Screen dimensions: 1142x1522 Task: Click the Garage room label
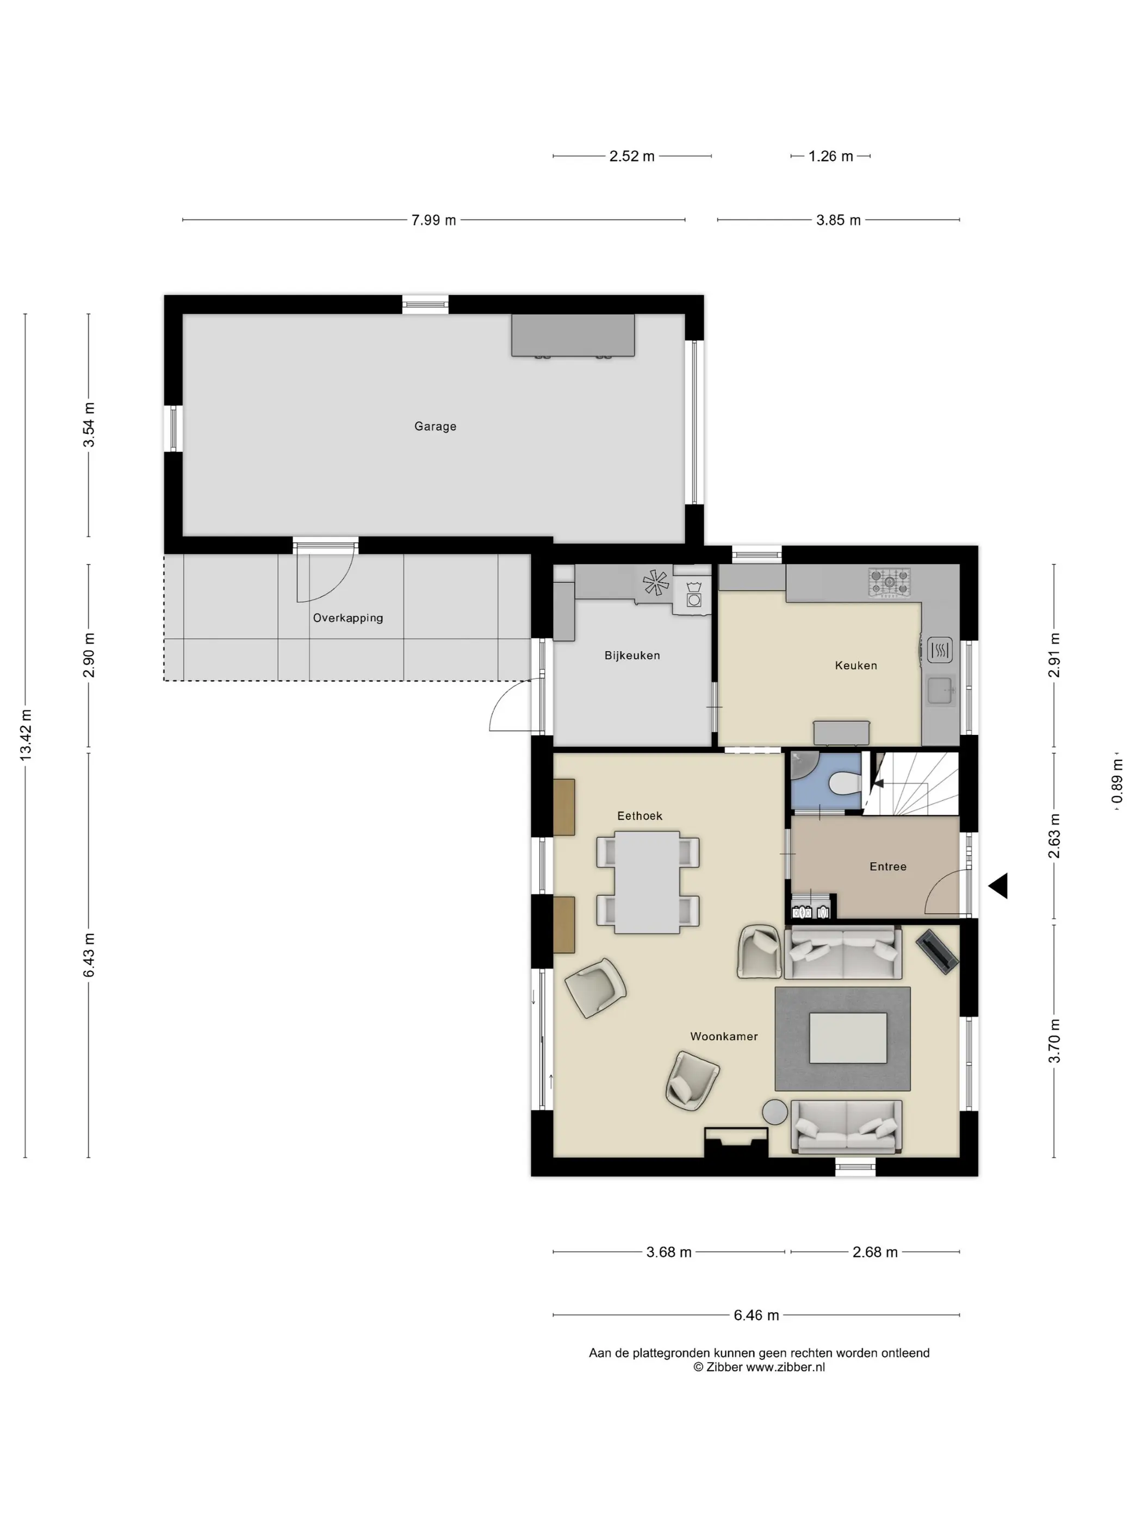click(x=435, y=427)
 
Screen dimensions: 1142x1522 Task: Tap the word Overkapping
click(x=347, y=618)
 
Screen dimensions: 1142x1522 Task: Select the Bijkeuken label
click(x=632, y=656)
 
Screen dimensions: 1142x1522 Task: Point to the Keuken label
click(x=855, y=665)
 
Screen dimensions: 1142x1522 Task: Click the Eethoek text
click(x=640, y=816)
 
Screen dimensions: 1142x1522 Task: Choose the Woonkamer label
click(x=723, y=1036)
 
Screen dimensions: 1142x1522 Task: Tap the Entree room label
click(x=887, y=867)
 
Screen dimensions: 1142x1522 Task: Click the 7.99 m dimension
click(x=433, y=220)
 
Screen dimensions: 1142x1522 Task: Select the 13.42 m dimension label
click(x=26, y=735)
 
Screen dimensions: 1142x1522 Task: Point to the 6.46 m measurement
click(x=756, y=1315)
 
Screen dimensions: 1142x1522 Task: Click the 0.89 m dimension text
click(x=1116, y=781)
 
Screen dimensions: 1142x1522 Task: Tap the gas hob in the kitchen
click(x=889, y=583)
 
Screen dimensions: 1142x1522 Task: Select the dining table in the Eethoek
click(x=647, y=882)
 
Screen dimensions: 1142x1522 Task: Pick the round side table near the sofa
click(x=774, y=1113)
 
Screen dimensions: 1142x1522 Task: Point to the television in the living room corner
click(x=936, y=952)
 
